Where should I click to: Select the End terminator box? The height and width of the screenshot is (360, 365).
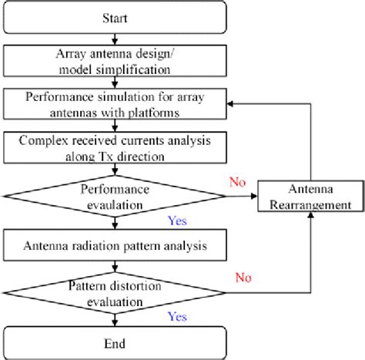pyautogui.click(x=114, y=341)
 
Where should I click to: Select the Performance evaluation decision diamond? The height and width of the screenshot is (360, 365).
pyautogui.click(x=114, y=197)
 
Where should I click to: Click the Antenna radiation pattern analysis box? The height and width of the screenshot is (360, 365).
pyautogui.click(x=114, y=247)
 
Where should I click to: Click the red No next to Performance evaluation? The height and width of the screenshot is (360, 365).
pyautogui.click(x=238, y=183)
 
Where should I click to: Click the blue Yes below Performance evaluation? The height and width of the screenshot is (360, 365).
pyautogui.click(x=177, y=221)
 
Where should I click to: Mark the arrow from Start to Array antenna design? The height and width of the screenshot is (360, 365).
pyautogui.click(x=114, y=39)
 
